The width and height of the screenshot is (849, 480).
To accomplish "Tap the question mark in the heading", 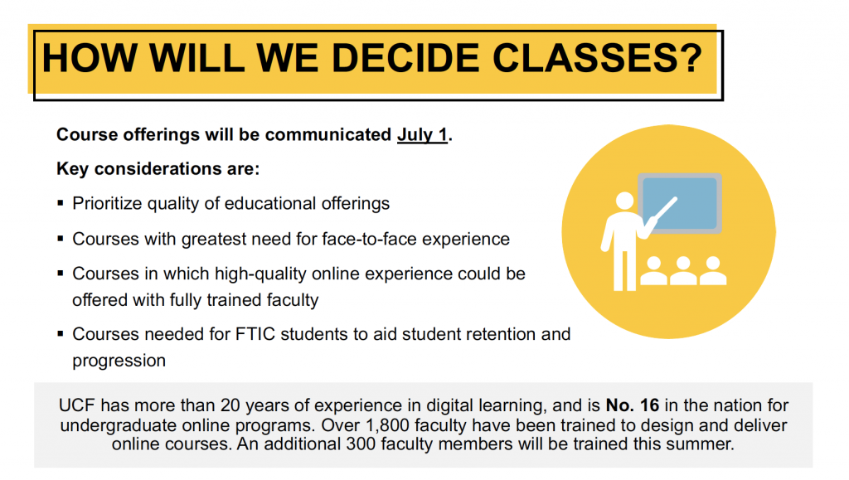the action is [691, 57].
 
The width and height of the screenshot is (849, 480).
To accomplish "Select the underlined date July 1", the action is [422, 135].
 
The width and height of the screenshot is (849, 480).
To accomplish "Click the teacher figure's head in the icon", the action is [624, 201].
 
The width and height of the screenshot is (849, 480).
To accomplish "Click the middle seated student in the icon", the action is [683, 270].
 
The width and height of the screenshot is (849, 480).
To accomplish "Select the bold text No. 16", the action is [633, 405].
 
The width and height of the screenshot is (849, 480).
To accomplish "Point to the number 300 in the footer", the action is [361, 444].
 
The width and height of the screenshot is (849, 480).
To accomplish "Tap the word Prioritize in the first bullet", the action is [107, 203].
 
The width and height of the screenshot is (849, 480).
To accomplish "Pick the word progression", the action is [119, 361].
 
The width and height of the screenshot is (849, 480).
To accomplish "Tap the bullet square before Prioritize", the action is [60, 203].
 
